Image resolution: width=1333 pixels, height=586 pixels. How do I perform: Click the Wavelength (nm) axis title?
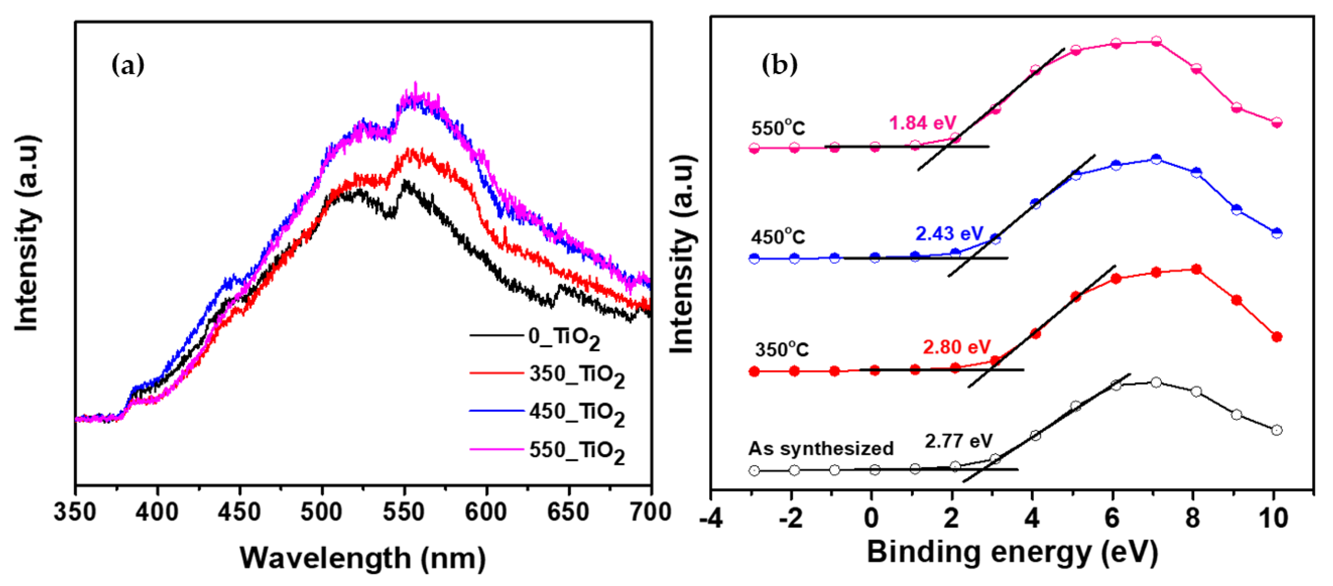click(362, 558)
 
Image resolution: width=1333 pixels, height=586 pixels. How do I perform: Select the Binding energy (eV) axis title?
click(1012, 552)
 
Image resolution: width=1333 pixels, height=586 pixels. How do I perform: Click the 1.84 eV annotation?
click(923, 123)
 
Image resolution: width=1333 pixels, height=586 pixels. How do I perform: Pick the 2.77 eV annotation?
click(958, 441)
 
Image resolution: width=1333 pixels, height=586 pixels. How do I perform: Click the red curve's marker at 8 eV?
click(1196, 269)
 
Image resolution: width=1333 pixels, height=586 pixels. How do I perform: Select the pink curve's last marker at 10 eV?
click(1277, 123)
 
